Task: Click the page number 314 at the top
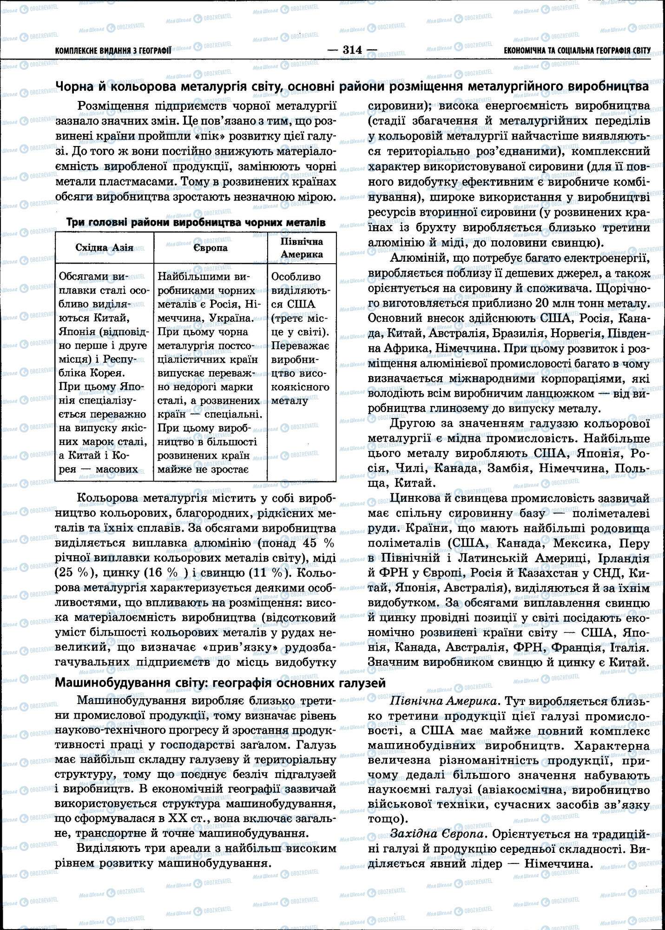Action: (x=352, y=50)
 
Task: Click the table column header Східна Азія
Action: (x=104, y=247)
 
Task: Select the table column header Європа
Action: (x=211, y=247)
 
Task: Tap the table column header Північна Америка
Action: (x=302, y=248)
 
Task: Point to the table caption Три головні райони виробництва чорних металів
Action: (x=196, y=222)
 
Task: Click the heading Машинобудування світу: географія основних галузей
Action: (x=220, y=683)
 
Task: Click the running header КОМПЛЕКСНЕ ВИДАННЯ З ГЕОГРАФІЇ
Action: (x=113, y=51)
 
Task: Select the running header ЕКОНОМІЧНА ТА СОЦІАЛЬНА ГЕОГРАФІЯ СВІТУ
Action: (x=577, y=51)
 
